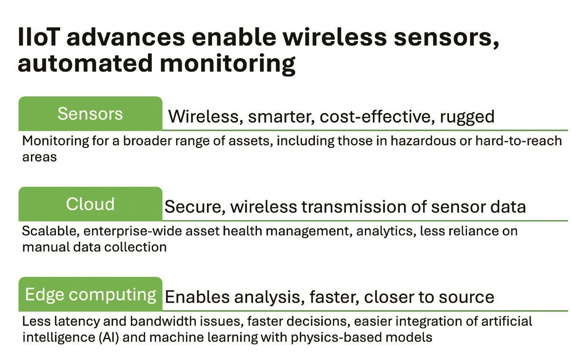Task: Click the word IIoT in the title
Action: coord(39,37)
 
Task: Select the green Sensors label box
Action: coord(90,114)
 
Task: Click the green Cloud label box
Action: coord(90,204)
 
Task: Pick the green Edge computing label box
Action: coord(90,294)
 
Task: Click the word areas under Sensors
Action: coord(39,157)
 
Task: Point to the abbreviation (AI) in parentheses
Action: coord(109,338)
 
